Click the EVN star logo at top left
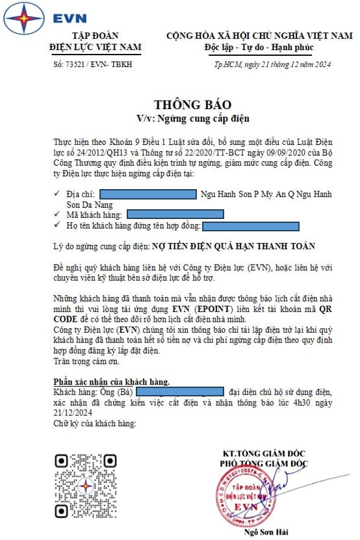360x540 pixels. click(20, 19)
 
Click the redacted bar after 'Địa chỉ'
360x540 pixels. click(148, 194)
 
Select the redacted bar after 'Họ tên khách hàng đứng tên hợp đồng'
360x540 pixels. click(251, 226)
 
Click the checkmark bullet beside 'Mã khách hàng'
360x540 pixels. click(60, 214)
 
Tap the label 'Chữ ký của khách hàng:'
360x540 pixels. click(94, 423)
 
